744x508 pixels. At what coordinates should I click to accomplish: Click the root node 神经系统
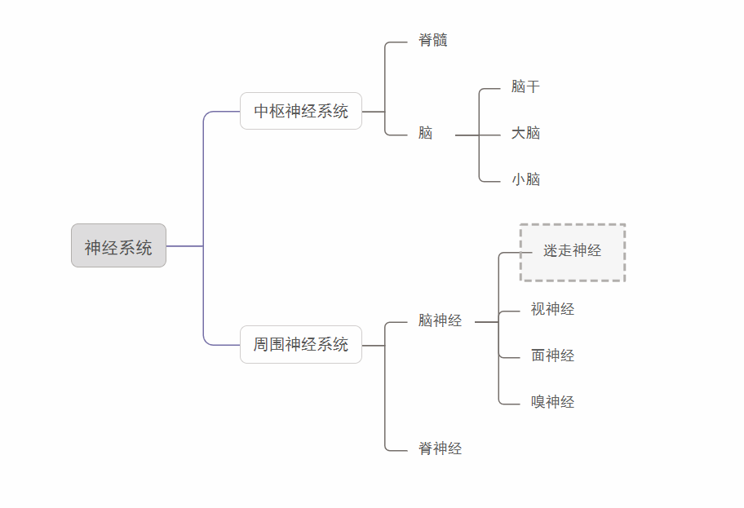pos(118,246)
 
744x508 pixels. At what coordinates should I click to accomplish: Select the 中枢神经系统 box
pos(300,111)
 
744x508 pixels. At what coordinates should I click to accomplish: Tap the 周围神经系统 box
pos(300,344)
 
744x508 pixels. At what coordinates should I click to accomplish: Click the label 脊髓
pos(432,41)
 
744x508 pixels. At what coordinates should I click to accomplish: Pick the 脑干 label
pos(525,87)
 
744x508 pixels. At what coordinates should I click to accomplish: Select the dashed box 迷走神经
pos(573,253)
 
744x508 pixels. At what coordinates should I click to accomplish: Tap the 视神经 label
pos(552,310)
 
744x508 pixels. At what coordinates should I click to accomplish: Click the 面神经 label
pos(552,356)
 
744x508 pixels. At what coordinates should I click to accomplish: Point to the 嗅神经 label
pos(552,403)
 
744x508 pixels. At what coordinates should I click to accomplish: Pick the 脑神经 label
pos(440,321)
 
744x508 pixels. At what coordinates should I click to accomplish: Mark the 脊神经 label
pos(440,449)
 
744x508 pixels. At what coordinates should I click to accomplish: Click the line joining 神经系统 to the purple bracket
pos(184,245)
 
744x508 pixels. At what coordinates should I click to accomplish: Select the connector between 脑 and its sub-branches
pos(467,135)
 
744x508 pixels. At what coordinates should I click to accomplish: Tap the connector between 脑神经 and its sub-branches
pos(486,322)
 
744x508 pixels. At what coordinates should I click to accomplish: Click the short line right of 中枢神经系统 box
pos(373,112)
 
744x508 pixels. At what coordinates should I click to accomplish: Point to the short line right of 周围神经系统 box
pos(373,346)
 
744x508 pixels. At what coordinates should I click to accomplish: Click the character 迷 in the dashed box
pos(551,251)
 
